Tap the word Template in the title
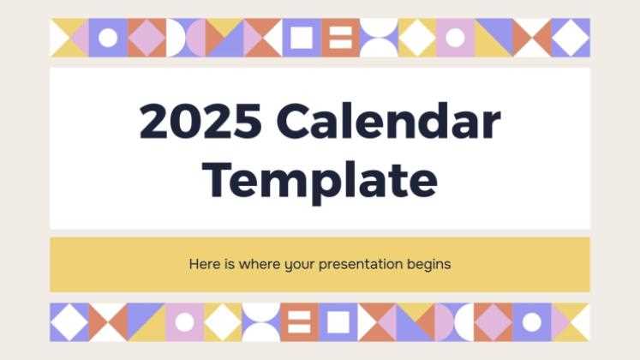coord(321,179)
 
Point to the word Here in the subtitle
coord(204,264)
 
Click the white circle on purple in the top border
coord(108,38)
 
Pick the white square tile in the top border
coord(301,38)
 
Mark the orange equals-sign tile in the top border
coord(339,38)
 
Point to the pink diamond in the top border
coord(147,38)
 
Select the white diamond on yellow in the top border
coord(417,38)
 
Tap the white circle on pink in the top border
coord(455,38)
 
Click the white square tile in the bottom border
coord(339,321)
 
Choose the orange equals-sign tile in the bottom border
coord(301,321)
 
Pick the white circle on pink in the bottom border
coord(185,321)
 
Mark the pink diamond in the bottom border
coord(493,321)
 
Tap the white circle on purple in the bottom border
coord(532,321)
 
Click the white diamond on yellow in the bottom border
coord(224,321)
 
